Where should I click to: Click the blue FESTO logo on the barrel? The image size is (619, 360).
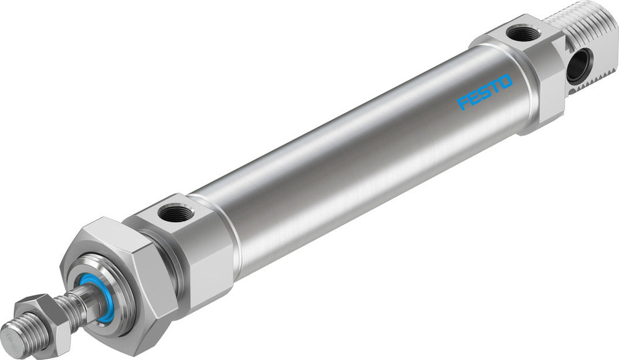(485, 92)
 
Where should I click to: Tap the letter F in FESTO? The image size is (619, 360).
(464, 103)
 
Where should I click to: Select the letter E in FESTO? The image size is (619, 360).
(474, 97)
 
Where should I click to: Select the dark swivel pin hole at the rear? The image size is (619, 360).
(580, 64)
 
